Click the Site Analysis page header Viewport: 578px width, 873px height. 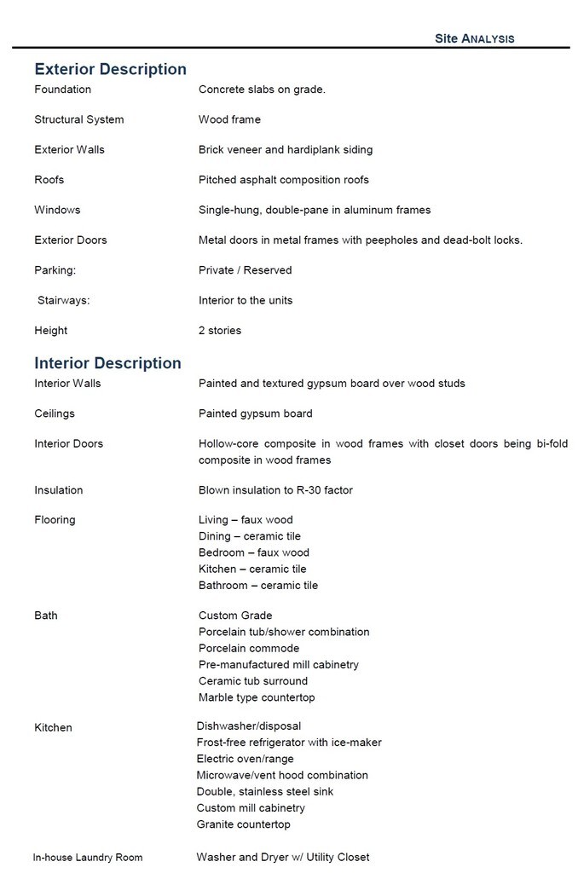(x=474, y=38)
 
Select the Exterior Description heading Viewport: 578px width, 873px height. (x=110, y=69)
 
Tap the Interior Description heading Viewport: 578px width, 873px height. (x=107, y=363)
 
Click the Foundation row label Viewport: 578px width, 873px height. (x=62, y=90)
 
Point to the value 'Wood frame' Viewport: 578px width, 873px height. (x=229, y=119)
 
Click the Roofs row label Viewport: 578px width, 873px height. (x=49, y=180)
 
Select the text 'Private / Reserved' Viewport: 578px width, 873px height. (x=245, y=270)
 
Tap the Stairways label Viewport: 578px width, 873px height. (x=63, y=300)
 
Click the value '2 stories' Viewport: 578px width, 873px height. (x=220, y=331)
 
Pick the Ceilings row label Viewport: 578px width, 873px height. (x=54, y=413)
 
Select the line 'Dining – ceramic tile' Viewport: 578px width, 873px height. (x=249, y=536)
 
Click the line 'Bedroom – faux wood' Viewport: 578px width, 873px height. (x=253, y=552)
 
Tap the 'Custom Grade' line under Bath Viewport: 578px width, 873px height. (x=235, y=616)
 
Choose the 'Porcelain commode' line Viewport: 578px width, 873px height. (x=249, y=648)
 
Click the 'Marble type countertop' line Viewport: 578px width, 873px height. (x=257, y=697)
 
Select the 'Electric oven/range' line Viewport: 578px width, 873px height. (x=245, y=759)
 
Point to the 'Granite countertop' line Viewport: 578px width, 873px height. (x=243, y=824)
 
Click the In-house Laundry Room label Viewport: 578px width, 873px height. (x=88, y=858)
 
